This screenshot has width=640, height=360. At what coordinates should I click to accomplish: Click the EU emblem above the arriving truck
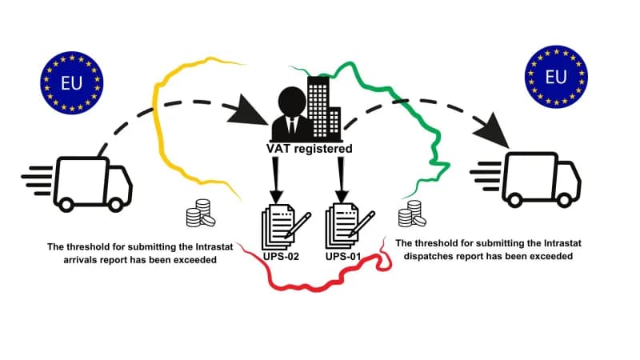coord(72,83)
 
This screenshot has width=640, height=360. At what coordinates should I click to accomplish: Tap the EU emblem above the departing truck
coord(556,77)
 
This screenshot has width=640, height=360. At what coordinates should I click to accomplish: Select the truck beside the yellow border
coord(77,184)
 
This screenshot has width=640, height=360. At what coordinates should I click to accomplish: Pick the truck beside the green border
coord(526,179)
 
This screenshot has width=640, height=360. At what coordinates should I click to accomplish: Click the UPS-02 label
coord(281,257)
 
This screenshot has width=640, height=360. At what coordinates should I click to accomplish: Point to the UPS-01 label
coord(343,257)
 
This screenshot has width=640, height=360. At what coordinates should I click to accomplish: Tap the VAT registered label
coord(310,149)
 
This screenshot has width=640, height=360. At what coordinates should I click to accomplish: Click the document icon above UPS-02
coord(286,226)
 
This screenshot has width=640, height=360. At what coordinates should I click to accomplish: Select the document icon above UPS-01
coord(350,226)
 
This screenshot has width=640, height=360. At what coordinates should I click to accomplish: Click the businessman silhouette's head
coord(292,102)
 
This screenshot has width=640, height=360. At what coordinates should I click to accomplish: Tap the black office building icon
coord(324,108)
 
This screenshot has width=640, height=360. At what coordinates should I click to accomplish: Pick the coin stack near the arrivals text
coord(201,213)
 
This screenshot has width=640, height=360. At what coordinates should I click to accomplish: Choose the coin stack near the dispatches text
coord(412,214)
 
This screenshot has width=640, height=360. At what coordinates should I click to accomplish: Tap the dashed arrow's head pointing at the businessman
coord(247,111)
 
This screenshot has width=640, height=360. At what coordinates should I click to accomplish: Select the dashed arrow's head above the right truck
coord(492,130)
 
